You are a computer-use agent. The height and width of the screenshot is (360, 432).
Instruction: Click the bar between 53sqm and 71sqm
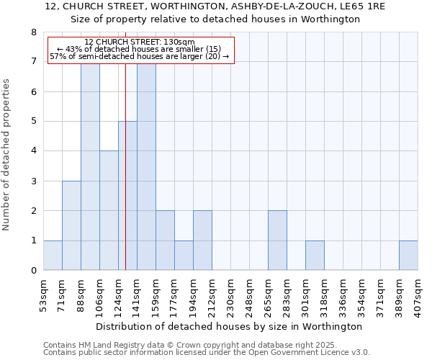[53, 256]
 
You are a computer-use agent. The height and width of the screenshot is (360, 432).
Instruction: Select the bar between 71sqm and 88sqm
[71, 225]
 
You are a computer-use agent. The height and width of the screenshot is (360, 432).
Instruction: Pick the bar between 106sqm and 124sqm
[109, 210]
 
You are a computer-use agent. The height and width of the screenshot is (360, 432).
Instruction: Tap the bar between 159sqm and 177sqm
[165, 240]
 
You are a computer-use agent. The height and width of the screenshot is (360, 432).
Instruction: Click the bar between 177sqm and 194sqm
[184, 256]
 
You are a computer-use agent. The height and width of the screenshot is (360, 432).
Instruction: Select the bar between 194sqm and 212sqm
[202, 240]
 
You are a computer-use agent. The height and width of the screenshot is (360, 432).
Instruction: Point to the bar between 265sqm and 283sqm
[277, 240]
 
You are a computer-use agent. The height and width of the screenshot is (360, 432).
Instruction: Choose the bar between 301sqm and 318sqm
[315, 256]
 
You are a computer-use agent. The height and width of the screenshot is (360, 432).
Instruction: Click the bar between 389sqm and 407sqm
[408, 256]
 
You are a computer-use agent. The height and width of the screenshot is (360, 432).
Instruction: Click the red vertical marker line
[125, 180]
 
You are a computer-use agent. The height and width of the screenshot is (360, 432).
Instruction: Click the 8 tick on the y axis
[33, 32]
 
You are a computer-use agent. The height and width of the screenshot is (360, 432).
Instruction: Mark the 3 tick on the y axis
[33, 181]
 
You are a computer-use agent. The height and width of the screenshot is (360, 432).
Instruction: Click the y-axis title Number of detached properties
[7, 155]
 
